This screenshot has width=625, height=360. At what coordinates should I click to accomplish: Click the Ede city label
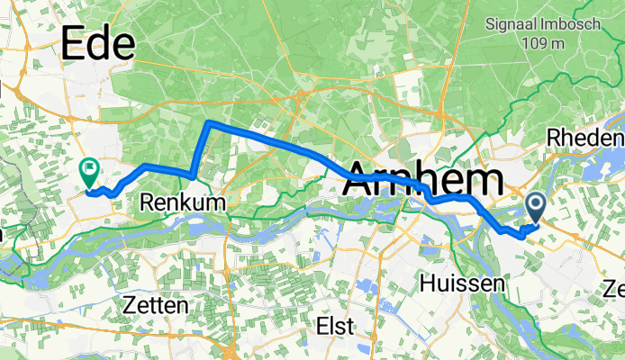click(x=97, y=43)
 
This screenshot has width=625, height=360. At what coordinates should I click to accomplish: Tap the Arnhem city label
click(x=421, y=179)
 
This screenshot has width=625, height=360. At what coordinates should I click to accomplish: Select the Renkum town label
click(x=183, y=204)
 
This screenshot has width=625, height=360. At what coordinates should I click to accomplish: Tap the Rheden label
click(x=585, y=139)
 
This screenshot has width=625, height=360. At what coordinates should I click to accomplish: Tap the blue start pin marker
click(x=535, y=208)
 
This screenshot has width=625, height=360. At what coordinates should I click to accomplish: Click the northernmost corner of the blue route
click(x=208, y=121)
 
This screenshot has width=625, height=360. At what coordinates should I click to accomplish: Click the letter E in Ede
click(x=74, y=43)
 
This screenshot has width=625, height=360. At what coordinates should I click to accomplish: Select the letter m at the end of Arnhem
click(x=483, y=179)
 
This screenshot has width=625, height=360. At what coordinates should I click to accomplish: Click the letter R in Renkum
click(x=148, y=204)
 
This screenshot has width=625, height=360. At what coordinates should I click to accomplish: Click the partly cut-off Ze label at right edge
click(x=614, y=289)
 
